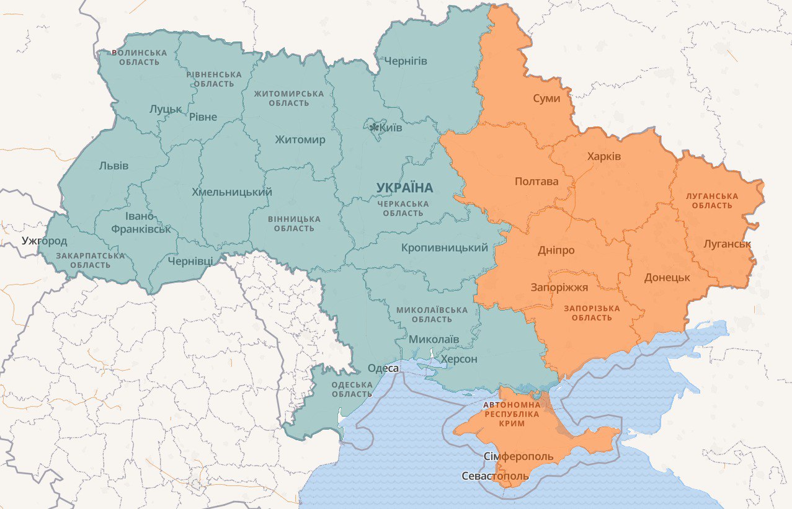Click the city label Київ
pos(391,128)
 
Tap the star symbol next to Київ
pos(374,128)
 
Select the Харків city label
pos(603,156)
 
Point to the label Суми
pos(546,99)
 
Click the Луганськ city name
pos(727,244)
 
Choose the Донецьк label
pos(667,277)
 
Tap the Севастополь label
pos(495,476)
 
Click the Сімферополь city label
pos(518,456)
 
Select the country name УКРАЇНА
pos(404,187)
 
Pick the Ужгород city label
pos(44,241)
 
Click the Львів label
pos(113,166)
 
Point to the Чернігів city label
pos(406,61)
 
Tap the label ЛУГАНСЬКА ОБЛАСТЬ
pos(711,200)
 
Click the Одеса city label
pos(383,368)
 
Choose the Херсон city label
pos(458,360)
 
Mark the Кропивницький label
pos(444,248)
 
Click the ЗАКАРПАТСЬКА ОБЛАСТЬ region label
pos(90,260)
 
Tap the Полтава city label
pos(536,182)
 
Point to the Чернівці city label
pos(190,261)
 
